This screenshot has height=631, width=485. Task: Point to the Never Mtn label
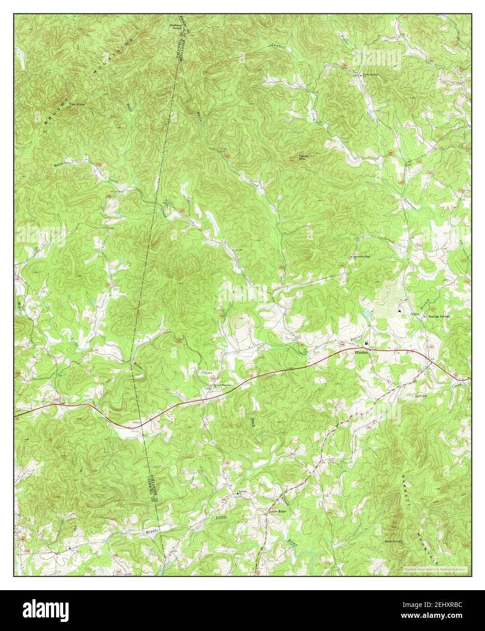tap(304, 157)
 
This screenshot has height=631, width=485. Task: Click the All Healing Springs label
tap(438, 317)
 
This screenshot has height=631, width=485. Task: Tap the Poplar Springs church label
tap(370, 74)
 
